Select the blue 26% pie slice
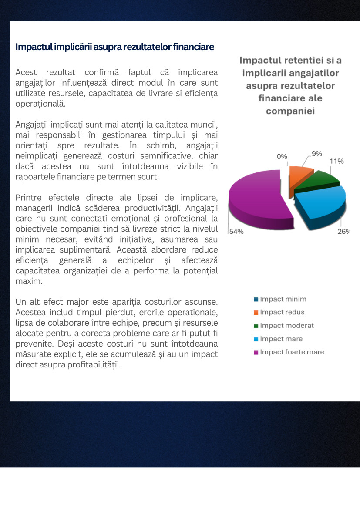coord(322,205)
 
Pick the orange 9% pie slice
coord(300,174)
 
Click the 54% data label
coord(236,232)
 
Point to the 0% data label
coord(282,157)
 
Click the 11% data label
coord(336,161)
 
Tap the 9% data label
coord(316,153)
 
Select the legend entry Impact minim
coord(283,299)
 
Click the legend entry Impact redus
coord(282,312)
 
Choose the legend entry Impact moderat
coord(286,326)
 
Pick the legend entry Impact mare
coord(281,339)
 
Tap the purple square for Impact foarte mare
coord(256,352)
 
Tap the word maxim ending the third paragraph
coord(28,281)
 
